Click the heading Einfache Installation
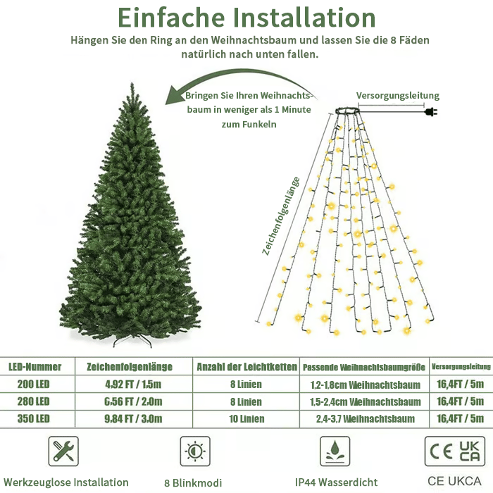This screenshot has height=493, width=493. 246,17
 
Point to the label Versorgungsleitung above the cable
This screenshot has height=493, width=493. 397,96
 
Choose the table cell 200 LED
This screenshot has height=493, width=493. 29,385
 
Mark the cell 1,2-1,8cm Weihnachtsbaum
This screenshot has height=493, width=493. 365,385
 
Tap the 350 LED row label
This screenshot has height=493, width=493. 29,419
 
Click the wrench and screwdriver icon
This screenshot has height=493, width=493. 63,451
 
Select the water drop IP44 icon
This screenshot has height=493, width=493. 335,451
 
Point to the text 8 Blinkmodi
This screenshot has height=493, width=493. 192,482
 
